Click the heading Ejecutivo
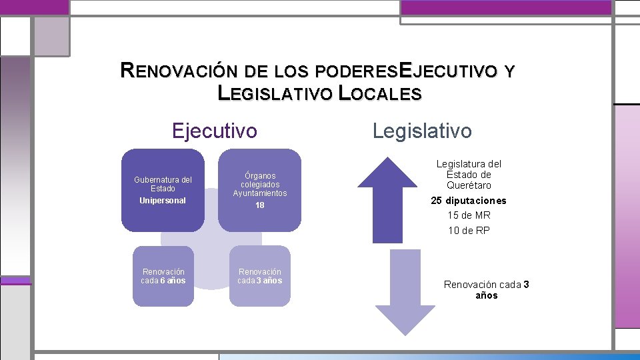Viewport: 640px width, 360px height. pos(214,131)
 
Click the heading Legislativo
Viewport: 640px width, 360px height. pos(422,131)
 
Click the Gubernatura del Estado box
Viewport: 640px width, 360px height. pos(163,190)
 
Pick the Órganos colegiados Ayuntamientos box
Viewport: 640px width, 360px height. pos(259,190)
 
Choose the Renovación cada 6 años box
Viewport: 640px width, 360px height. pos(163,276)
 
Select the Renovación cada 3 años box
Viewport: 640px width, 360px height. pos(260,276)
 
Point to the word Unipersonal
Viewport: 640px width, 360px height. pos(163,201)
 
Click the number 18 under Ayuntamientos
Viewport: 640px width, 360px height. pos(260,205)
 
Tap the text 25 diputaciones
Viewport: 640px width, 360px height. pos(469,201)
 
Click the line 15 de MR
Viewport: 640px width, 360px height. pos(469,215)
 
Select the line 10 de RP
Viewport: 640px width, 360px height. pos(469,231)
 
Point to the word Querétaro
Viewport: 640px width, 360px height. pos(469,185)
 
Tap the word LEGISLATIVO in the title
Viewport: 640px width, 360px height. pos(275,94)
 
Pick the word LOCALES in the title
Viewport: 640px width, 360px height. pos(380,94)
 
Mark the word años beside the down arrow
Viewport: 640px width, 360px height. pos(487,295)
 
